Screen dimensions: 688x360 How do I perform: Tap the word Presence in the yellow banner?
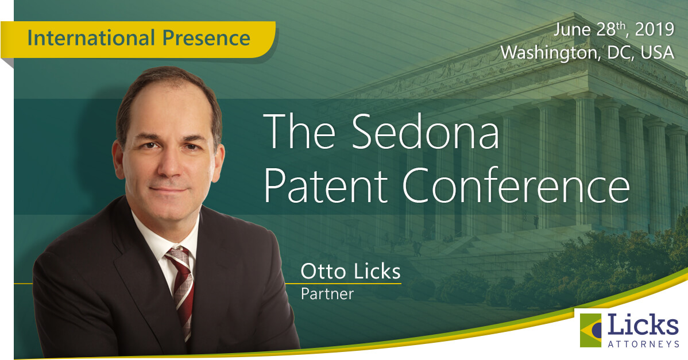pyautogui.click(x=206, y=38)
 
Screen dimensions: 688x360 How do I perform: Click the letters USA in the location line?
pyautogui.click(x=658, y=52)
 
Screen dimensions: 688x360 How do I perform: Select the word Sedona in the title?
pyautogui.click(x=425, y=131)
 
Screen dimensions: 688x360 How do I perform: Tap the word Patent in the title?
pyautogui.click(x=325, y=185)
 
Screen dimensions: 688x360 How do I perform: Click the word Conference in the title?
pyautogui.click(x=516, y=185)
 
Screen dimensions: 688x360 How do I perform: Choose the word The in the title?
pyautogui.click(x=299, y=131)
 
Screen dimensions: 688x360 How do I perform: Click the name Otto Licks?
pyautogui.click(x=350, y=272)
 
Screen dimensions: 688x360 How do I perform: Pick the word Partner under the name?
pyautogui.click(x=327, y=294)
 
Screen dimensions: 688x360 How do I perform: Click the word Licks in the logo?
pyautogui.click(x=643, y=325)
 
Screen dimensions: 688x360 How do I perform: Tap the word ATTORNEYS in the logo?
pyautogui.click(x=644, y=344)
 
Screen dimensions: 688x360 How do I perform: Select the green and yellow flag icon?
pyautogui.click(x=590, y=330)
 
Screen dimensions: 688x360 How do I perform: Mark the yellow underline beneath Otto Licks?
pyautogui.click(x=343, y=284)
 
